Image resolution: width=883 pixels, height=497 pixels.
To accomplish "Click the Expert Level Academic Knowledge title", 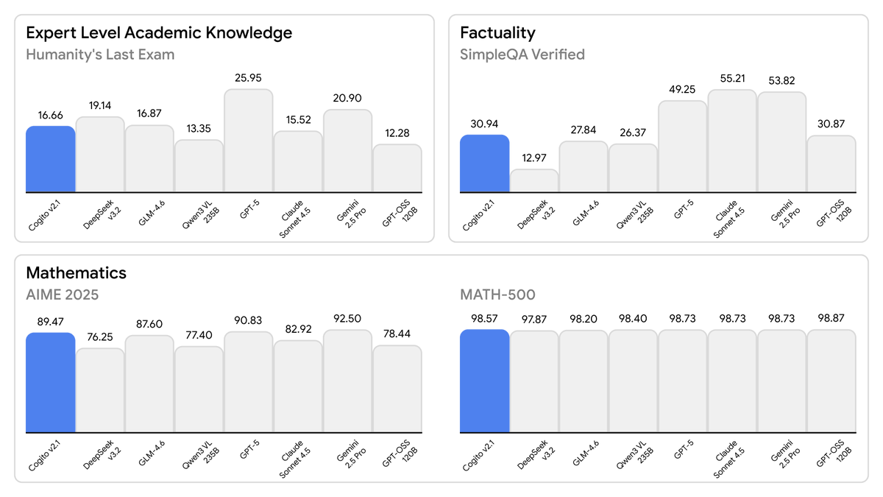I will tap(159, 33).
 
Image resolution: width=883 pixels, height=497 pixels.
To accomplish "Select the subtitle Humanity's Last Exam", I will tap(100, 54).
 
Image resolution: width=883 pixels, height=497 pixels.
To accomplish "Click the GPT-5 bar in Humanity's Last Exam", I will tap(249, 141).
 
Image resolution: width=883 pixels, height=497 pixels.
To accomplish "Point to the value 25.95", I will tap(249, 78).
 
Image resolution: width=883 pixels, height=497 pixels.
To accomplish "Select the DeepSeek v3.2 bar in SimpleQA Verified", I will tap(534, 181).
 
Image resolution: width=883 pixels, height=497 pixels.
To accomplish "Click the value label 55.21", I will tap(731, 78).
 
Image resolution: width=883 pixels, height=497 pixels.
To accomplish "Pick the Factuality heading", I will tap(497, 33).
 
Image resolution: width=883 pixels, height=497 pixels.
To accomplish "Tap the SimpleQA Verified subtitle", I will tap(522, 54).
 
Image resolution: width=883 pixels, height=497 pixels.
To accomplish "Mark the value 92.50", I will tap(348, 319).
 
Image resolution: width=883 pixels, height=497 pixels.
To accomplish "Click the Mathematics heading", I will tap(76, 273).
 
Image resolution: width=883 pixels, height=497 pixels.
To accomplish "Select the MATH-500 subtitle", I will tap(497, 295).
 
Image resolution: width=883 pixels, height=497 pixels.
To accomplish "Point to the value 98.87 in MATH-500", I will tap(831, 319).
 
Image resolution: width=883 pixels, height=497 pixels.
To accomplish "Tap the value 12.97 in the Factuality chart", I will tap(534, 158).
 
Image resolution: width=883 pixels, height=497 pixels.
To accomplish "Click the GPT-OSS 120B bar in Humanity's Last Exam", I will tap(397, 169).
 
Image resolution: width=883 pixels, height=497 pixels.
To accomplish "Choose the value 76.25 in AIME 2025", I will tap(100, 337).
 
